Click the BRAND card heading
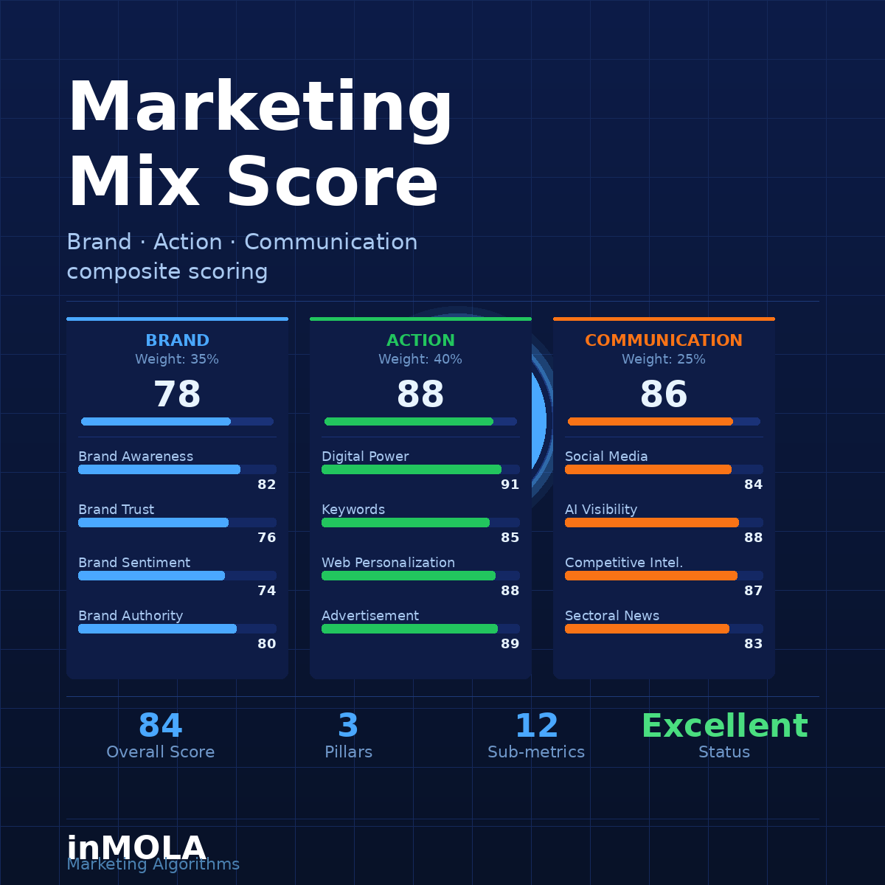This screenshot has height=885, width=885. [x=177, y=340]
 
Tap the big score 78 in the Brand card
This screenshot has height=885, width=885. [x=177, y=394]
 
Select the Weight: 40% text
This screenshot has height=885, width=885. [x=420, y=359]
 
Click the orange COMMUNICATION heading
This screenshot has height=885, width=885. [x=664, y=340]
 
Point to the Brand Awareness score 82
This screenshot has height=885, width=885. [x=267, y=485]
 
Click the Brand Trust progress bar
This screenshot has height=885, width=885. [x=177, y=522]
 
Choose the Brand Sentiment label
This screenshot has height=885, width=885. [x=134, y=563]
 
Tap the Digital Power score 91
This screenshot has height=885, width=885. [x=510, y=485]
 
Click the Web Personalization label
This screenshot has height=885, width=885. [x=388, y=563]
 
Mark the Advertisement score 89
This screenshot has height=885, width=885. [x=510, y=644]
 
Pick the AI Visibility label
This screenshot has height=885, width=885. [x=601, y=510]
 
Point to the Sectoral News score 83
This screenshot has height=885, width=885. [x=753, y=644]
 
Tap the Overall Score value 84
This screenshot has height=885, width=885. [x=161, y=726]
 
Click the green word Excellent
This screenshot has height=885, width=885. [x=725, y=726]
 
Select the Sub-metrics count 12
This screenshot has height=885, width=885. [x=536, y=726]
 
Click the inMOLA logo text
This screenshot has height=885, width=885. [x=136, y=848]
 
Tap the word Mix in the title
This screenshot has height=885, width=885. [x=134, y=182]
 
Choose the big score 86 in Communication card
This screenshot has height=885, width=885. [x=664, y=394]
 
